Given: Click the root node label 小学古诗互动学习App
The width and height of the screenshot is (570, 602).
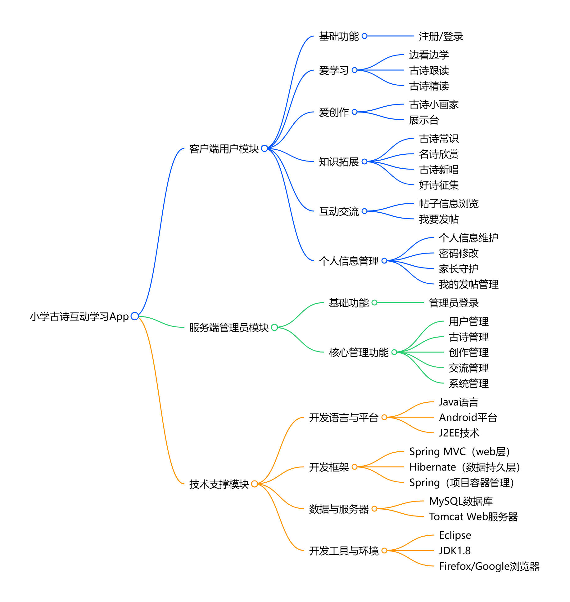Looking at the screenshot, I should click(79, 316).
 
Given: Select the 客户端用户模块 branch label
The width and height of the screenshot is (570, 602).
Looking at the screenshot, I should click(224, 149).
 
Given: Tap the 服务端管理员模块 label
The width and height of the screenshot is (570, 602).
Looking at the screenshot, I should click(229, 328).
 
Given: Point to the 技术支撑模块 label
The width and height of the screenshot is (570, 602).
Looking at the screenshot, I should click(219, 484).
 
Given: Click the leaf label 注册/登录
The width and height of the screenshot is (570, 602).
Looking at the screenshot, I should click(441, 36).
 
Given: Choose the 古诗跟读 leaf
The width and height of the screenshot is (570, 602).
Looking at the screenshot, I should click(429, 70).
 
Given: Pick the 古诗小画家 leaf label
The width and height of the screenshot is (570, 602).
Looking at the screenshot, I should click(434, 104).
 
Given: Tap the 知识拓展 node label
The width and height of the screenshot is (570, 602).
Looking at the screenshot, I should click(339, 162).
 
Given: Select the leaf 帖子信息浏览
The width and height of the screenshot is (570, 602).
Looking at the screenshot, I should click(449, 204).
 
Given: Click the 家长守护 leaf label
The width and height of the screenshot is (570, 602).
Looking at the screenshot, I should click(459, 269).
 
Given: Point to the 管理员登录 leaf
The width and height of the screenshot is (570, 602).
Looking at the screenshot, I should click(454, 303).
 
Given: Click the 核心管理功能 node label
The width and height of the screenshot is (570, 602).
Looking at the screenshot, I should click(359, 352).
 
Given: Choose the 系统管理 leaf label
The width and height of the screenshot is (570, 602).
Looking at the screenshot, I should click(468, 383).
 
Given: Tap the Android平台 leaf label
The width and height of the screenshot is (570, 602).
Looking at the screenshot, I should click(468, 418).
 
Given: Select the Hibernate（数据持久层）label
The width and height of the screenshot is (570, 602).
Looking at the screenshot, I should click(464, 467).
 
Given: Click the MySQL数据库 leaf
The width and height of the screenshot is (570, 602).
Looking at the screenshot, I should click(461, 501).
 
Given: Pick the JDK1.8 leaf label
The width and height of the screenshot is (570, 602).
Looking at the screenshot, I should click(455, 551).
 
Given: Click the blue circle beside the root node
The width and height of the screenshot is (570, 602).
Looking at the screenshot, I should click(135, 316).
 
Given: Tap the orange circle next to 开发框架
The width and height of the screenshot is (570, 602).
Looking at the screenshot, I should click(355, 467).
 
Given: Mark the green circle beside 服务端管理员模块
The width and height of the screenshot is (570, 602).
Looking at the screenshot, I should click(274, 327).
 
